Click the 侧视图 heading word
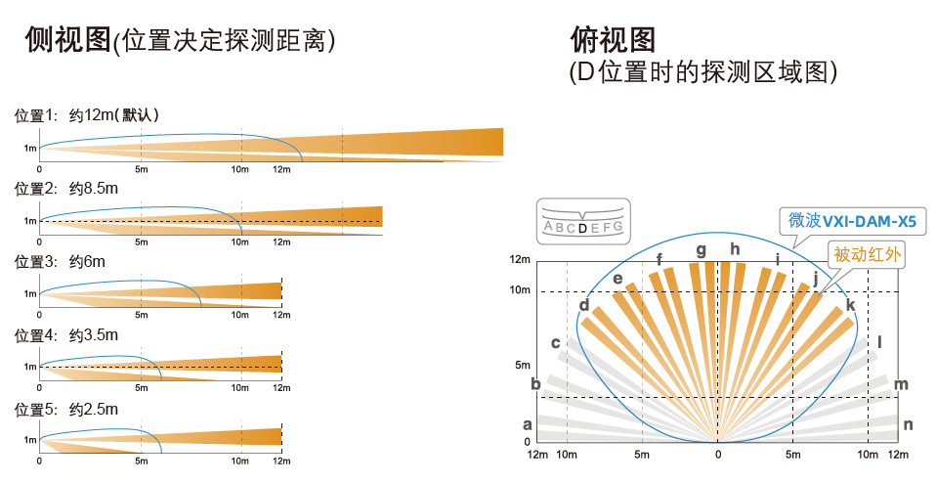pyautogui.click(x=68, y=40)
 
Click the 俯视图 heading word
pyautogui.click(x=613, y=40)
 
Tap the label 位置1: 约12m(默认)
pyautogui.click(x=87, y=114)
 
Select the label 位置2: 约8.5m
pyautogui.click(x=66, y=189)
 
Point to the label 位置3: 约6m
pyautogui.click(x=60, y=261)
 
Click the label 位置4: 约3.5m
pyautogui.click(x=66, y=335)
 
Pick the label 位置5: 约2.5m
pyautogui.click(x=66, y=410)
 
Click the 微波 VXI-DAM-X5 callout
pyautogui.click(x=852, y=221)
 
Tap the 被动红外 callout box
pyautogui.click(x=867, y=254)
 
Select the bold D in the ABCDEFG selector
pyautogui.click(x=582, y=228)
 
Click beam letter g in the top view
pyautogui.click(x=702, y=250)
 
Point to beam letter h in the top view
pyautogui.click(x=735, y=248)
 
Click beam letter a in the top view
pyautogui.click(x=527, y=424)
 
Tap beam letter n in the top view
pyautogui.click(x=908, y=424)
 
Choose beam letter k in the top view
pyautogui.click(x=851, y=305)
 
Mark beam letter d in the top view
pyautogui.click(x=584, y=305)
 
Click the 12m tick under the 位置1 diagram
pyautogui.click(x=281, y=169)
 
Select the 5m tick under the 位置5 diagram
pyautogui.click(x=142, y=461)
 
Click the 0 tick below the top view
pyautogui.click(x=718, y=455)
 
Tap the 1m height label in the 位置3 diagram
pyautogui.click(x=30, y=293)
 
